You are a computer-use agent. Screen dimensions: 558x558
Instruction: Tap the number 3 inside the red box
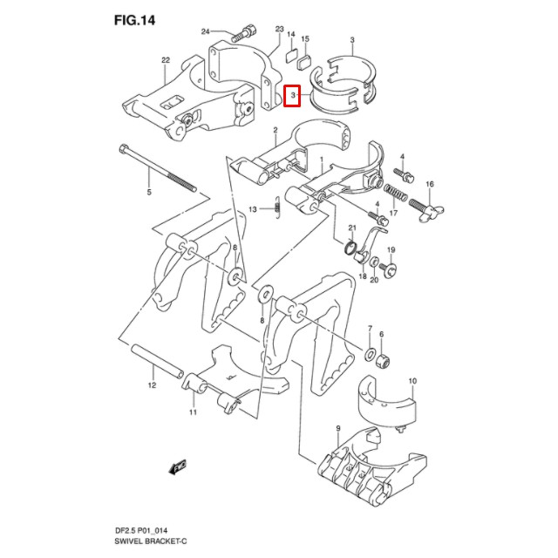pyautogui.click(x=294, y=94)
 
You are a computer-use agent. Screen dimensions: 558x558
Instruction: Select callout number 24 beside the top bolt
pyautogui.click(x=207, y=32)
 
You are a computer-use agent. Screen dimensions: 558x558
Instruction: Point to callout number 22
pyautogui.click(x=164, y=60)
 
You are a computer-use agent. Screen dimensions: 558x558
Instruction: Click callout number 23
pyautogui.click(x=280, y=29)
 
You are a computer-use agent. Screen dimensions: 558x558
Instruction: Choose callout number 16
pyautogui.click(x=429, y=185)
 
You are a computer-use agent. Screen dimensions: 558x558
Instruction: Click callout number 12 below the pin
pyautogui.click(x=150, y=384)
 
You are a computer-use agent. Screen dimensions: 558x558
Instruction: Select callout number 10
pyautogui.click(x=412, y=381)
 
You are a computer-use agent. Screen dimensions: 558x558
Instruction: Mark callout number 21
pyautogui.click(x=353, y=228)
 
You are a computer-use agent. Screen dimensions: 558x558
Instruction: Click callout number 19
pyautogui.click(x=391, y=249)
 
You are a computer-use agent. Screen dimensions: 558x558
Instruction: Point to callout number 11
pyautogui.click(x=194, y=412)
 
